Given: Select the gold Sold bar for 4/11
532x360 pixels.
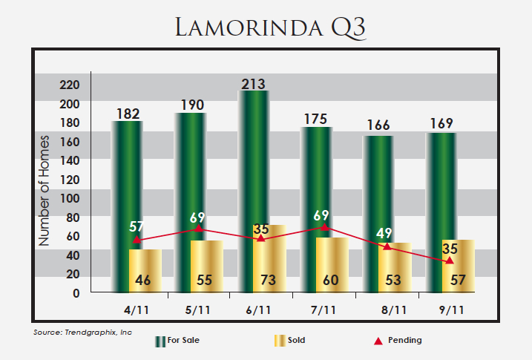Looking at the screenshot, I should (x=145, y=272).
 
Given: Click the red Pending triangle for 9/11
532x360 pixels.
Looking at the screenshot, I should (x=450, y=260).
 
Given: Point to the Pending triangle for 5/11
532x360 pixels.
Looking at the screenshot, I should (x=199, y=228).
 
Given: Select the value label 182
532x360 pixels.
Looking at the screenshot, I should (x=128, y=114).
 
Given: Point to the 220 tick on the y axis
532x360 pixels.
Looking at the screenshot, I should (x=91, y=85).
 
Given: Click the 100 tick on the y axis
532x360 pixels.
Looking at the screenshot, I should (x=91, y=198).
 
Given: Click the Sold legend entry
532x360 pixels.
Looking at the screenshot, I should (x=289, y=341).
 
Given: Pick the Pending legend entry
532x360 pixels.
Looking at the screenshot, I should (x=398, y=341).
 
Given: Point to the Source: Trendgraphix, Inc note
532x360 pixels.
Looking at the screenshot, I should (x=82, y=332).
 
